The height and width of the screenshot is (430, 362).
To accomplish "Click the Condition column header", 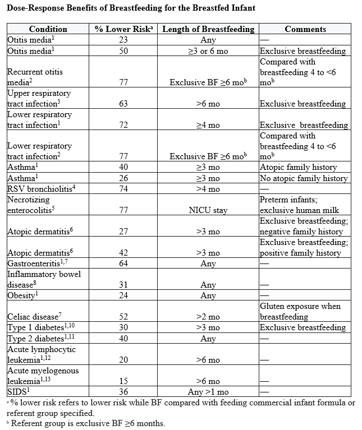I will (48, 29).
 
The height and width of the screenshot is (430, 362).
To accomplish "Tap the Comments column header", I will (305, 29).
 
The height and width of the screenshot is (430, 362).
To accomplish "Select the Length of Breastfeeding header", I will (208, 29).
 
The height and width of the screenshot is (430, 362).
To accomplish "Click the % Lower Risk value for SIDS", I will (123, 392).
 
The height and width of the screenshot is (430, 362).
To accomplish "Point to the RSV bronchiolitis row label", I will (41, 188).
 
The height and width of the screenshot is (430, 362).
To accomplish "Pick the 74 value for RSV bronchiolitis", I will (123, 189).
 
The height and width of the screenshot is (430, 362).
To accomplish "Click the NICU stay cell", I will (208, 210).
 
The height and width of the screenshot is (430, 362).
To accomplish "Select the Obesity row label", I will (22, 295).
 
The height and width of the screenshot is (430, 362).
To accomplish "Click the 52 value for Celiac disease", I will (123, 317).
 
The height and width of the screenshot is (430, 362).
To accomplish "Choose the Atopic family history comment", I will (298, 167).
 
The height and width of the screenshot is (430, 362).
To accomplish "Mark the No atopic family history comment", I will (304, 178).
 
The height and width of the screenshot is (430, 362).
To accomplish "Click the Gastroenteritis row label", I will (37, 263).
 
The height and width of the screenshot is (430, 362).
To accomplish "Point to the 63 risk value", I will (123, 104).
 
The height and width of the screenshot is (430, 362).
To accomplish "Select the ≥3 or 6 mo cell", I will (208, 51).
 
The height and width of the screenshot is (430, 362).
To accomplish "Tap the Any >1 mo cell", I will (208, 392).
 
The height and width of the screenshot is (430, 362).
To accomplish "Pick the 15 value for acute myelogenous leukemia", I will (123, 381).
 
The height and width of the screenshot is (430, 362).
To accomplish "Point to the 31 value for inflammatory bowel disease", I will (123, 285).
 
